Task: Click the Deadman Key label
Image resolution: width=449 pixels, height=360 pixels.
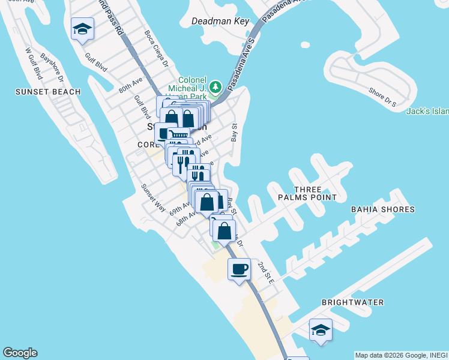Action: (220, 21)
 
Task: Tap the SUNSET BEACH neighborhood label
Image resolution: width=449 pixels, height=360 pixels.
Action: (48, 92)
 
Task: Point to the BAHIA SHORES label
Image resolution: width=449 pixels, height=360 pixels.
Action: (383, 209)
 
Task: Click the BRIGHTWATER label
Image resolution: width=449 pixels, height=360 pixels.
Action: (352, 302)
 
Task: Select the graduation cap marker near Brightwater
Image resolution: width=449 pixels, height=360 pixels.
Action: (321, 329)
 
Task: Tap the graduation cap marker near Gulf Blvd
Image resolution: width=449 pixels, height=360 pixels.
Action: (82, 28)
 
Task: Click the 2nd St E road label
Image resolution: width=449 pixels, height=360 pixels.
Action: (266, 272)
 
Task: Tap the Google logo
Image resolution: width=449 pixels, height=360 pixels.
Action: (20, 353)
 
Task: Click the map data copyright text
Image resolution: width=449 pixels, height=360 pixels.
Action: (401, 355)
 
